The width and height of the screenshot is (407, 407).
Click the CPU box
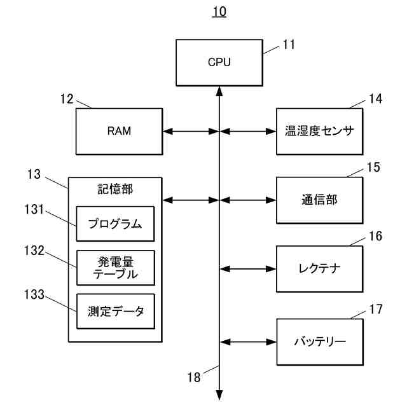coord(219,62)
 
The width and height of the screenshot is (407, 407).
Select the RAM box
coord(119,132)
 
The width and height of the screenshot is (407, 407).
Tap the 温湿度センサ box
coord(319,132)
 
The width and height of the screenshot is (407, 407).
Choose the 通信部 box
coord(319,200)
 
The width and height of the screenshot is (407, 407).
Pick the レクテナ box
coord(319,269)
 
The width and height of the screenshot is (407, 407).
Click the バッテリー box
coord(320,342)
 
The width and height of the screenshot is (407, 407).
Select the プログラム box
coord(115,224)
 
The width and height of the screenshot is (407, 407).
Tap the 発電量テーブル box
coord(116,268)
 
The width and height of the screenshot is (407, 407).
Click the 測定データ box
coord(116,311)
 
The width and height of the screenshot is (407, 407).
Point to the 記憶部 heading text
coord(115,189)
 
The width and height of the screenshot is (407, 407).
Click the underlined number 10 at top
coord(219,11)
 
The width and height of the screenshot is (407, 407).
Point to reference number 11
coord(289,45)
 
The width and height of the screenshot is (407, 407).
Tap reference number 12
coord(67,99)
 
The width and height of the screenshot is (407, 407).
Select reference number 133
coord(34,294)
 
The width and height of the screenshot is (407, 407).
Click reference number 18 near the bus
coord(194,377)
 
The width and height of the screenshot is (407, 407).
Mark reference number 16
coord(375,236)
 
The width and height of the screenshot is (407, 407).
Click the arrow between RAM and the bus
coord(191,132)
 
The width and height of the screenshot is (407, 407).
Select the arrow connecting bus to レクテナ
coord(248,269)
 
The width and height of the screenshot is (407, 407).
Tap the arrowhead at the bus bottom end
coord(219,395)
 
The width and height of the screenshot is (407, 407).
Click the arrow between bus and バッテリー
coord(248,342)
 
